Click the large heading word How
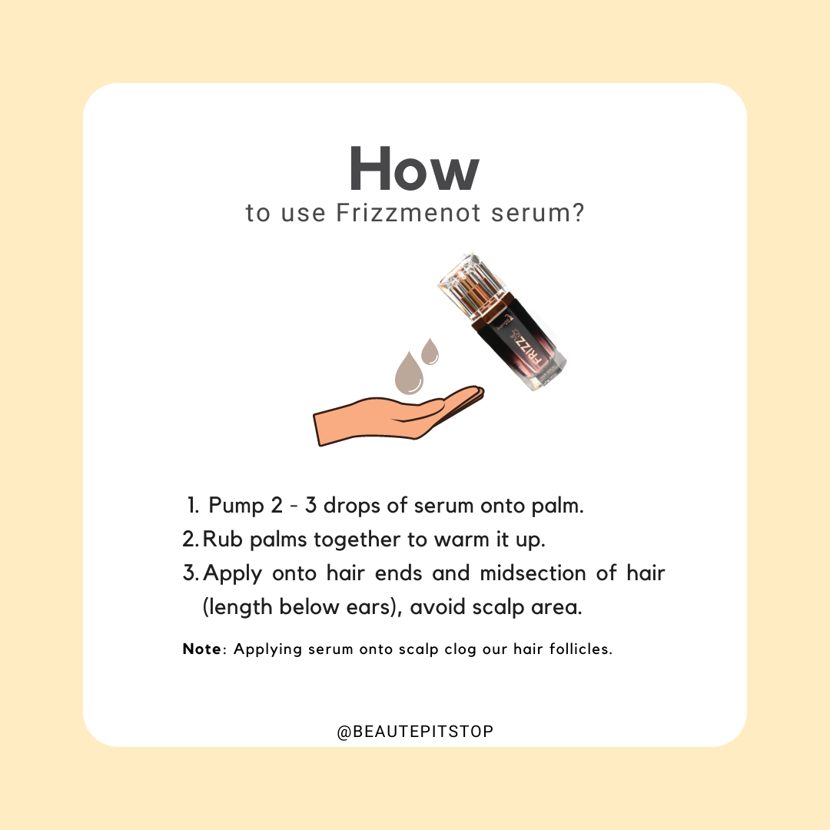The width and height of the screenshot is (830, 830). coord(414,168)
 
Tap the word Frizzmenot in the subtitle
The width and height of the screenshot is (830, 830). coord(409,213)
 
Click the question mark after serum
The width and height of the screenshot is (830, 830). coord(578,213)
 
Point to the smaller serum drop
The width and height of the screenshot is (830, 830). coord(430,352)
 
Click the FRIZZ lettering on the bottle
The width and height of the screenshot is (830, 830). coord(525,351)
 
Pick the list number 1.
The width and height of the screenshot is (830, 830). coord(193,506)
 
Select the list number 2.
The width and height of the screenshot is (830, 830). coord(191,539)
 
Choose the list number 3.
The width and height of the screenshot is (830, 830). coord(191,573)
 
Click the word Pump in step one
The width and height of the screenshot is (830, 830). coord(236,506)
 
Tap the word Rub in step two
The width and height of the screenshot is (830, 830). coord(222,539)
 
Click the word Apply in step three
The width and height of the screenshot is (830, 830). coord(232,574)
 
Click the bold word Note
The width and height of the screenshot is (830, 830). coord(202,649)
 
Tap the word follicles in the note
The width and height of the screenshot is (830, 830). coord(580,649)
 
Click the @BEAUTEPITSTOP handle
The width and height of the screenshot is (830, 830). coord(415,732)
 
